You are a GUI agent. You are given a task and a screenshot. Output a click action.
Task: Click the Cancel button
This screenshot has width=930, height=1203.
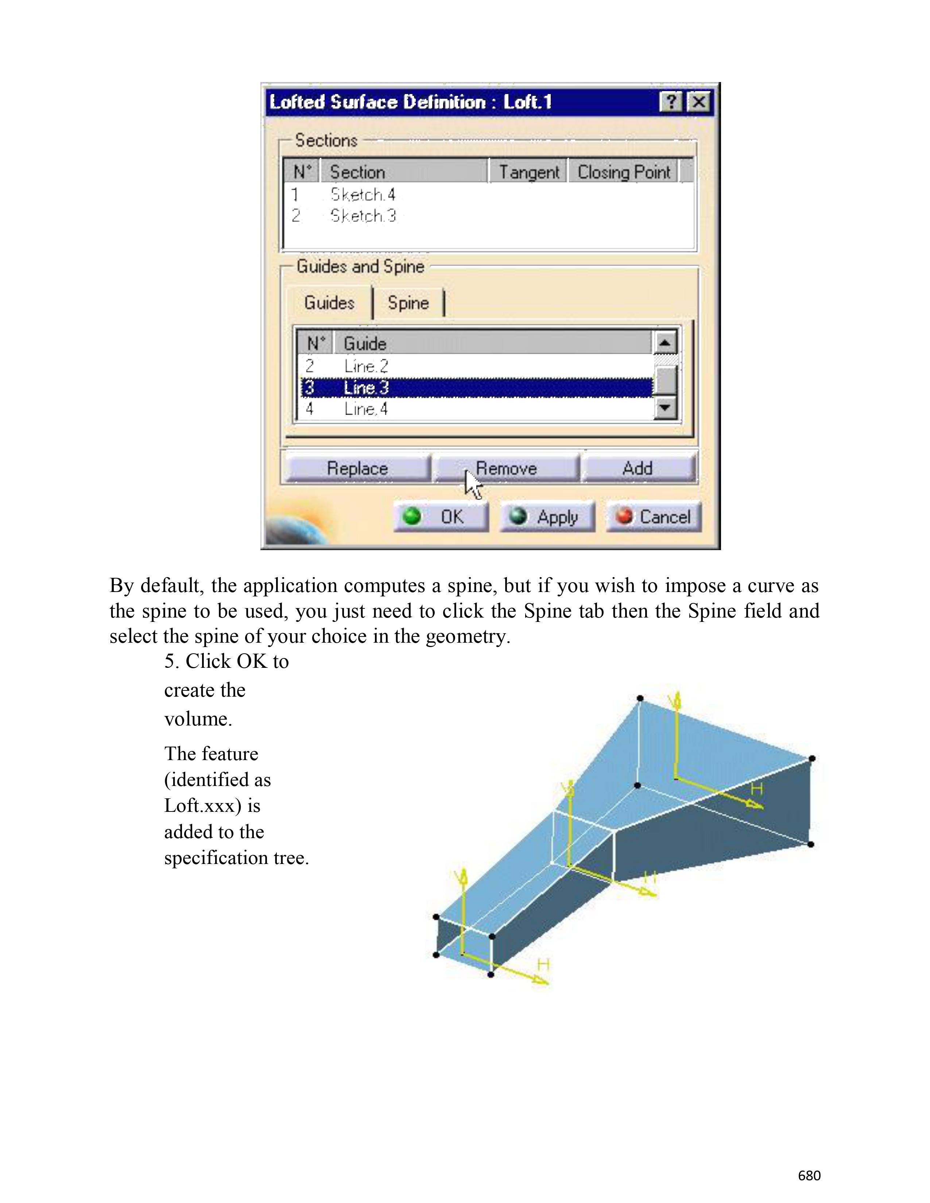click(x=654, y=517)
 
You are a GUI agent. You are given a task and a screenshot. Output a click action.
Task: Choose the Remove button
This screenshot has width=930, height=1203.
click(x=506, y=468)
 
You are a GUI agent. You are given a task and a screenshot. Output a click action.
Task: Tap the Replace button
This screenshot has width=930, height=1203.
click(x=357, y=468)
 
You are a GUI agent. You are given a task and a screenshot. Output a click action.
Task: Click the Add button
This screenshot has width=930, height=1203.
click(x=638, y=468)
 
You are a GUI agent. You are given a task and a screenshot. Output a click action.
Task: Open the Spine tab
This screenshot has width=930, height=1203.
click(x=408, y=303)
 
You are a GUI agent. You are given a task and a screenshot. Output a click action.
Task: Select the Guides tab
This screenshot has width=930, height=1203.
click(x=329, y=303)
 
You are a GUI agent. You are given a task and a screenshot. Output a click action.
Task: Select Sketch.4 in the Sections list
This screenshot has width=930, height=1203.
click(x=363, y=194)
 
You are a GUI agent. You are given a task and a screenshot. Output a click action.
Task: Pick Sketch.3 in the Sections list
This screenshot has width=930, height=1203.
click(x=363, y=216)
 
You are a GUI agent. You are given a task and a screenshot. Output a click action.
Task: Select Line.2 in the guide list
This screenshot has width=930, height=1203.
click(x=366, y=366)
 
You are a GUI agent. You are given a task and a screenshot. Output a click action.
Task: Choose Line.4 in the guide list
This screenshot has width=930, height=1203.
click(x=366, y=409)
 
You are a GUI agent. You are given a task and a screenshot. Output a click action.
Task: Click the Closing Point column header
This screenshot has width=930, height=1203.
click(x=624, y=172)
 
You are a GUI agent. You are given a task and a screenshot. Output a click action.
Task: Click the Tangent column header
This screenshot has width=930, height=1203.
click(x=528, y=172)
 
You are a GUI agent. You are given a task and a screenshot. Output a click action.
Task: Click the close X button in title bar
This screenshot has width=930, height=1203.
click(x=699, y=102)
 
